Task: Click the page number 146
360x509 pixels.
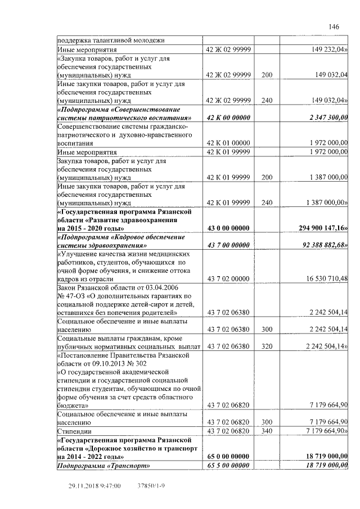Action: point(334,27)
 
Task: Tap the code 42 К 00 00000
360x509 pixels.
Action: point(228,117)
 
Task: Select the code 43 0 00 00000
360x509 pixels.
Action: point(228,228)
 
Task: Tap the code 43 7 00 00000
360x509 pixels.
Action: point(228,245)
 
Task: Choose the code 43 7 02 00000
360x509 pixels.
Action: point(228,278)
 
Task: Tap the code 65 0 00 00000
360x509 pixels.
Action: point(228,456)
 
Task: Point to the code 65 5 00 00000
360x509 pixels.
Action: point(228,465)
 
